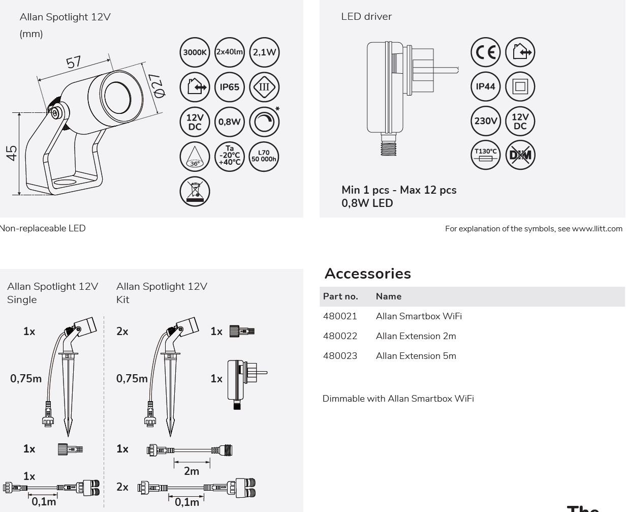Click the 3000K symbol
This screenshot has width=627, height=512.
[x=195, y=52]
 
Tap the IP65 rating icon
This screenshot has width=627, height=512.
[x=230, y=87]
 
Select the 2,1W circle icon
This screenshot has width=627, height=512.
[x=264, y=52]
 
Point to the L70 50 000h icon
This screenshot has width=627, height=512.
[x=264, y=156]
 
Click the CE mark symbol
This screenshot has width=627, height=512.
[x=486, y=52]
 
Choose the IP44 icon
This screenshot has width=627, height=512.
[x=486, y=86]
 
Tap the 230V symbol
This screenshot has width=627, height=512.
[x=486, y=121]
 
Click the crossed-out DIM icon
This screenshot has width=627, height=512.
[x=520, y=155]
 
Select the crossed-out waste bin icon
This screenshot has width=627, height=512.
[x=195, y=191]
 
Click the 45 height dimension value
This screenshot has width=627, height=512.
[x=12, y=153]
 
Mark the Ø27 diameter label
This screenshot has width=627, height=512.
[x=157, y=85]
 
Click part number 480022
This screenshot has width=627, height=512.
[x=340, y=336]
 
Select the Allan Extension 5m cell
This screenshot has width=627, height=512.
[x=416, y=356]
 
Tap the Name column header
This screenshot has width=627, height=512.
[x=389, y=296]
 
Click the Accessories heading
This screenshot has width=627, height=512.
[x=368, y=274]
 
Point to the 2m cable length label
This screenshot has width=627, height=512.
[x=192, y=471]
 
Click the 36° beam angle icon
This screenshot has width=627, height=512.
[x=195, y=156]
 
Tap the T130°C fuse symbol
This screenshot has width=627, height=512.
[x=486, y=155]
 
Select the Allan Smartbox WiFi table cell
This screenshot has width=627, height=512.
[x=419, y=316]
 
